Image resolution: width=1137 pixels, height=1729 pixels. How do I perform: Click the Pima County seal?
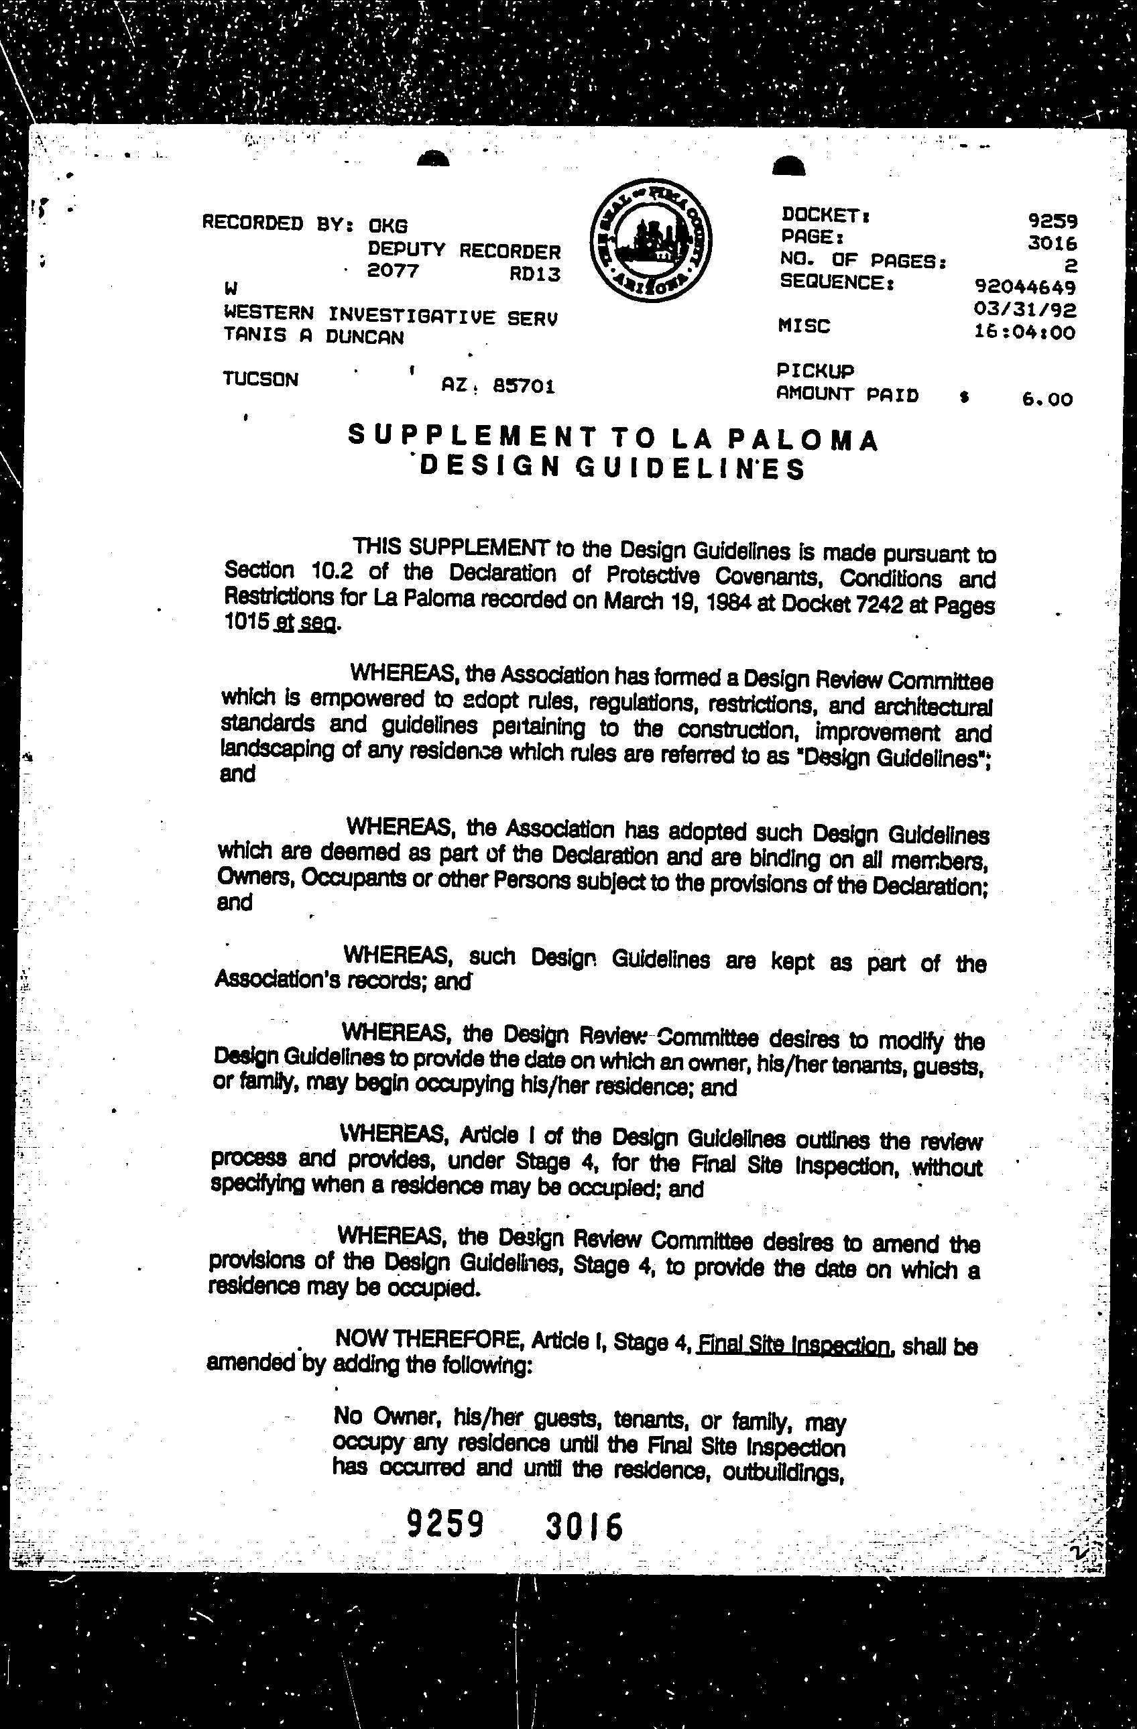click(650, 241)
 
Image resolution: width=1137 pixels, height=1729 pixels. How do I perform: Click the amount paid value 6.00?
click(1046, 399)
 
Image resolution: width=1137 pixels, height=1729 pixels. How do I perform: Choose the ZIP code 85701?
click(523, 386)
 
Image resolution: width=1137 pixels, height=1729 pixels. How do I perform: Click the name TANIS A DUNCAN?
click(313, 336)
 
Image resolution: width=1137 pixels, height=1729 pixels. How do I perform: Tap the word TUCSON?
click(260, 379)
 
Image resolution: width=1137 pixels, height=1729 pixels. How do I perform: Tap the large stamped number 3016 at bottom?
click(583, 1527)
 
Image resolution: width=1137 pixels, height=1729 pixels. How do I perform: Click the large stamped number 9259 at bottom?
click(444, 1523)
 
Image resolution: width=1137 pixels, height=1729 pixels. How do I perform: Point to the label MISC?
click(804, 327)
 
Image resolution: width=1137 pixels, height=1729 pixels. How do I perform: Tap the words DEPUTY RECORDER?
click(463, 251)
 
